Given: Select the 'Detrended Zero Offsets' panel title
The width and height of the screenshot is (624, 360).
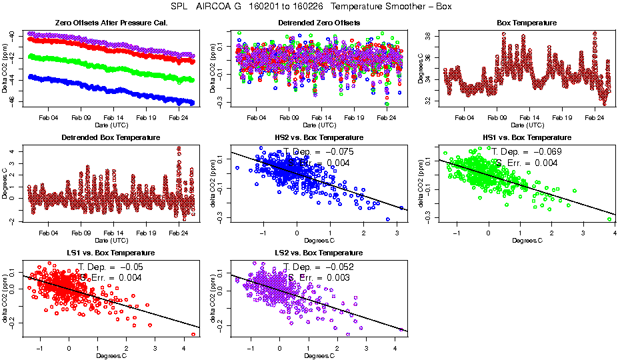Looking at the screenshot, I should click(319, 23).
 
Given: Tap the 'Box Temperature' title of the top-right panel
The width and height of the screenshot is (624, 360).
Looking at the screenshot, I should click(527, 23).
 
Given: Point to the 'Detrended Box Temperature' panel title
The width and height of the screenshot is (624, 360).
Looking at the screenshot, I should click(110, 137).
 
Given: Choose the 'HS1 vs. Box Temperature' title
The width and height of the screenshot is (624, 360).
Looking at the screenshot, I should click(527, 137).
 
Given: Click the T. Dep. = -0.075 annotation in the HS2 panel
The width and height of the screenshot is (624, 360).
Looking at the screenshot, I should click(319, 151).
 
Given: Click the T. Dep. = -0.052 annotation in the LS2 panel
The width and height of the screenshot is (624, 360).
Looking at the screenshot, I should click(319, 267).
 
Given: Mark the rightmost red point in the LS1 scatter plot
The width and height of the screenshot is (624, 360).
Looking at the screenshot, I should click(193, 335).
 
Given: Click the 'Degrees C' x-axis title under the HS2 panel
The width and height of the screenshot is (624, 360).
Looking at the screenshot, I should click(319, 241).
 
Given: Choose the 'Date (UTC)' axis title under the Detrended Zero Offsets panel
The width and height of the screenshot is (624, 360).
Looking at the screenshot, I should click(319, 125).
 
